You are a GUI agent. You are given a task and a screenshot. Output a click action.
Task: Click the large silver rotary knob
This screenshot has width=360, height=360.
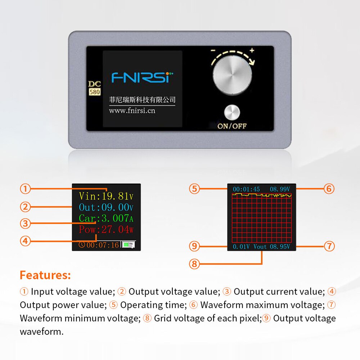pyautogui.click(x=232, y=75)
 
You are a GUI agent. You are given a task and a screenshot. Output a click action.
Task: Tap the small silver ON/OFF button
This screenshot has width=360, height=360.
pyautogui.click(x=232, y=112)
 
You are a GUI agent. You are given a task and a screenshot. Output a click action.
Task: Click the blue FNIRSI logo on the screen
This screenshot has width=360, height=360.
pyautogui.click(x=142, y=77)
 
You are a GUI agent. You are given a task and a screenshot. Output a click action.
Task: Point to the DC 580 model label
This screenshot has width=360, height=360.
pyautogui.click(x=94, y=88)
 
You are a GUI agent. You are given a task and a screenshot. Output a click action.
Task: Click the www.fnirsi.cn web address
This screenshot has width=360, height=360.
pyautogui.click(x=132, y=111)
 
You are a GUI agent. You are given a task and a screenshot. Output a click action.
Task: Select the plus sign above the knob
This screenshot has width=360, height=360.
pyautogui.click(x=252, y=50)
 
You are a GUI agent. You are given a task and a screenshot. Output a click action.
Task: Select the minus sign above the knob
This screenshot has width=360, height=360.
pyautogui.click(x=213, y=50)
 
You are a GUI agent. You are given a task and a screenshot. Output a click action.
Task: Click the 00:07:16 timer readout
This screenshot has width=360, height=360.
pyautogui.click(x=103, y=245)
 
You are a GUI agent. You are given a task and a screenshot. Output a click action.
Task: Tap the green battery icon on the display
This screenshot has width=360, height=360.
pyautogui.click(x=129, y=245)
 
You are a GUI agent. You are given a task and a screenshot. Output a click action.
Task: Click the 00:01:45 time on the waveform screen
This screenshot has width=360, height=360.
pyautogui.click(x=246, y=189)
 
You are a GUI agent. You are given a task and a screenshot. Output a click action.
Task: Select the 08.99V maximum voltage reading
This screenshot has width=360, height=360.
pyautogui.click(x=280, y=189)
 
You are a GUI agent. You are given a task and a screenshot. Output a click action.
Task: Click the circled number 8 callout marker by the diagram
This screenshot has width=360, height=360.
pyautogui.click(x=194, y=264)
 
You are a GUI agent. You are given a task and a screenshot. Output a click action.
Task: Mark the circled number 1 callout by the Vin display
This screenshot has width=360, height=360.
pyautogui.click(x=25, y=189)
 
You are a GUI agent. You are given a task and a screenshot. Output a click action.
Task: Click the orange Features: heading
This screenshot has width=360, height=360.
pyautogui.click(x=45, y=275)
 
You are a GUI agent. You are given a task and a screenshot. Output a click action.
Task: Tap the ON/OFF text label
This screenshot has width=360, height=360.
pyautogui.click(x=232, y=126)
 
